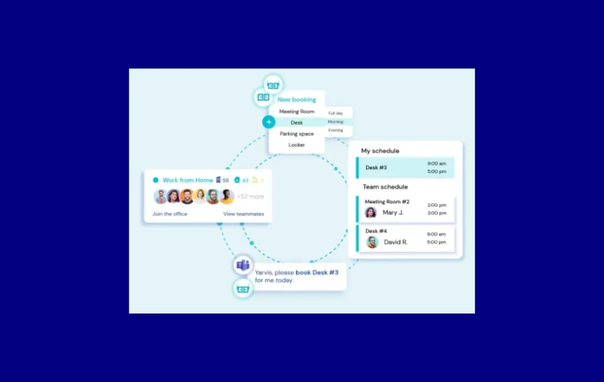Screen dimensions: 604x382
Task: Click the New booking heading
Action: tap(297, 100)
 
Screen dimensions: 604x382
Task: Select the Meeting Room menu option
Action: tap(297, 112)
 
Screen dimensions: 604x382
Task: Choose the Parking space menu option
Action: tap(297, 134)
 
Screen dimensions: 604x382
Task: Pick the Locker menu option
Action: tap(297, 145)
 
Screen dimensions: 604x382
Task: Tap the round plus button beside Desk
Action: tap(269, 122)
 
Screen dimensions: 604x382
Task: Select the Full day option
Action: tap(336, 113)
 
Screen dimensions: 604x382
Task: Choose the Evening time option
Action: tap(336, 130)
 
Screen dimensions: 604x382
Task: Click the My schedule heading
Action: tap(380, 151)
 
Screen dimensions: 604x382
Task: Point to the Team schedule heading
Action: tap(385, 187)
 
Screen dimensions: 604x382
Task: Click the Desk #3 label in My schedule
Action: tap(376, 168)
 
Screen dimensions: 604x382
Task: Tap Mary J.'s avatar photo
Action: tap(371, 213)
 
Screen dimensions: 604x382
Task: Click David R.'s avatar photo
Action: tap(372, 242)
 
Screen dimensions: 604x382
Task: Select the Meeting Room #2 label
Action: tap(387, 202)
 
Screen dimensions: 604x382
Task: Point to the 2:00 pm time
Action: tap(436, 205)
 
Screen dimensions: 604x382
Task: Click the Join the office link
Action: tap(170, 214)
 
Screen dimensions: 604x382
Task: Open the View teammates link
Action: tap(244, 214)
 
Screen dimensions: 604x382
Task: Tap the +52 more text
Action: tap(251, 197)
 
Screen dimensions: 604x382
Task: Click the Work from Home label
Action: tap(188, 180)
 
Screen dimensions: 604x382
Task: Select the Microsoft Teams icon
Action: tap(242, 266)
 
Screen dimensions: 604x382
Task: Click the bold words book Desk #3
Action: tap(317, 273)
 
